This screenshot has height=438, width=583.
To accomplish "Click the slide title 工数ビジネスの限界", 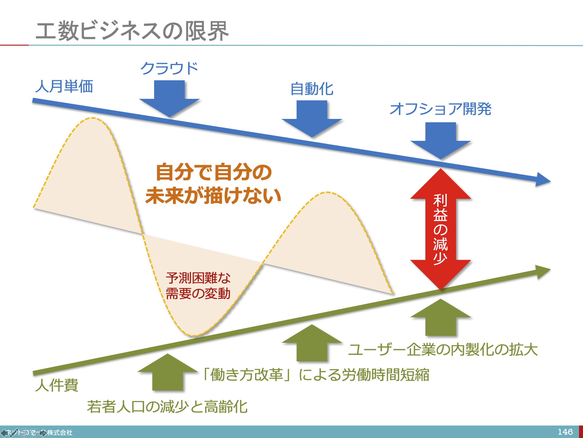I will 132,31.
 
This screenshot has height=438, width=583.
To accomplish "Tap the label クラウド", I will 169,68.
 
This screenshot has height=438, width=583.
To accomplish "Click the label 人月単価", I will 64,86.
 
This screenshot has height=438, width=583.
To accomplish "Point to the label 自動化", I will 312,89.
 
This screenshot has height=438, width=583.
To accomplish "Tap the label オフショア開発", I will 440,109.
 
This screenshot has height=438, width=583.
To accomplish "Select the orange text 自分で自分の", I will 213,172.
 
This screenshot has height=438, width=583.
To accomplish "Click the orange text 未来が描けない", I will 213,196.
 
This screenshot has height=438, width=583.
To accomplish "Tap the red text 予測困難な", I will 198,278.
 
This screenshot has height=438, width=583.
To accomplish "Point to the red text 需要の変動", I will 198,294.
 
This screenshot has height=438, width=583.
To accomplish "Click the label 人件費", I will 57,385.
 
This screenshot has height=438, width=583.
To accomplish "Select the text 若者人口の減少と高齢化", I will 167,407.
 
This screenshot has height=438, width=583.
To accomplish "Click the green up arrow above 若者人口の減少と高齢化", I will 167,373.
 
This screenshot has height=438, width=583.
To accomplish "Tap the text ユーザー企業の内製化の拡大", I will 443,350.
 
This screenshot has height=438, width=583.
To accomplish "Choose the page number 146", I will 565,432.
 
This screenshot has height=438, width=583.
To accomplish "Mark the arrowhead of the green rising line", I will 543,271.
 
